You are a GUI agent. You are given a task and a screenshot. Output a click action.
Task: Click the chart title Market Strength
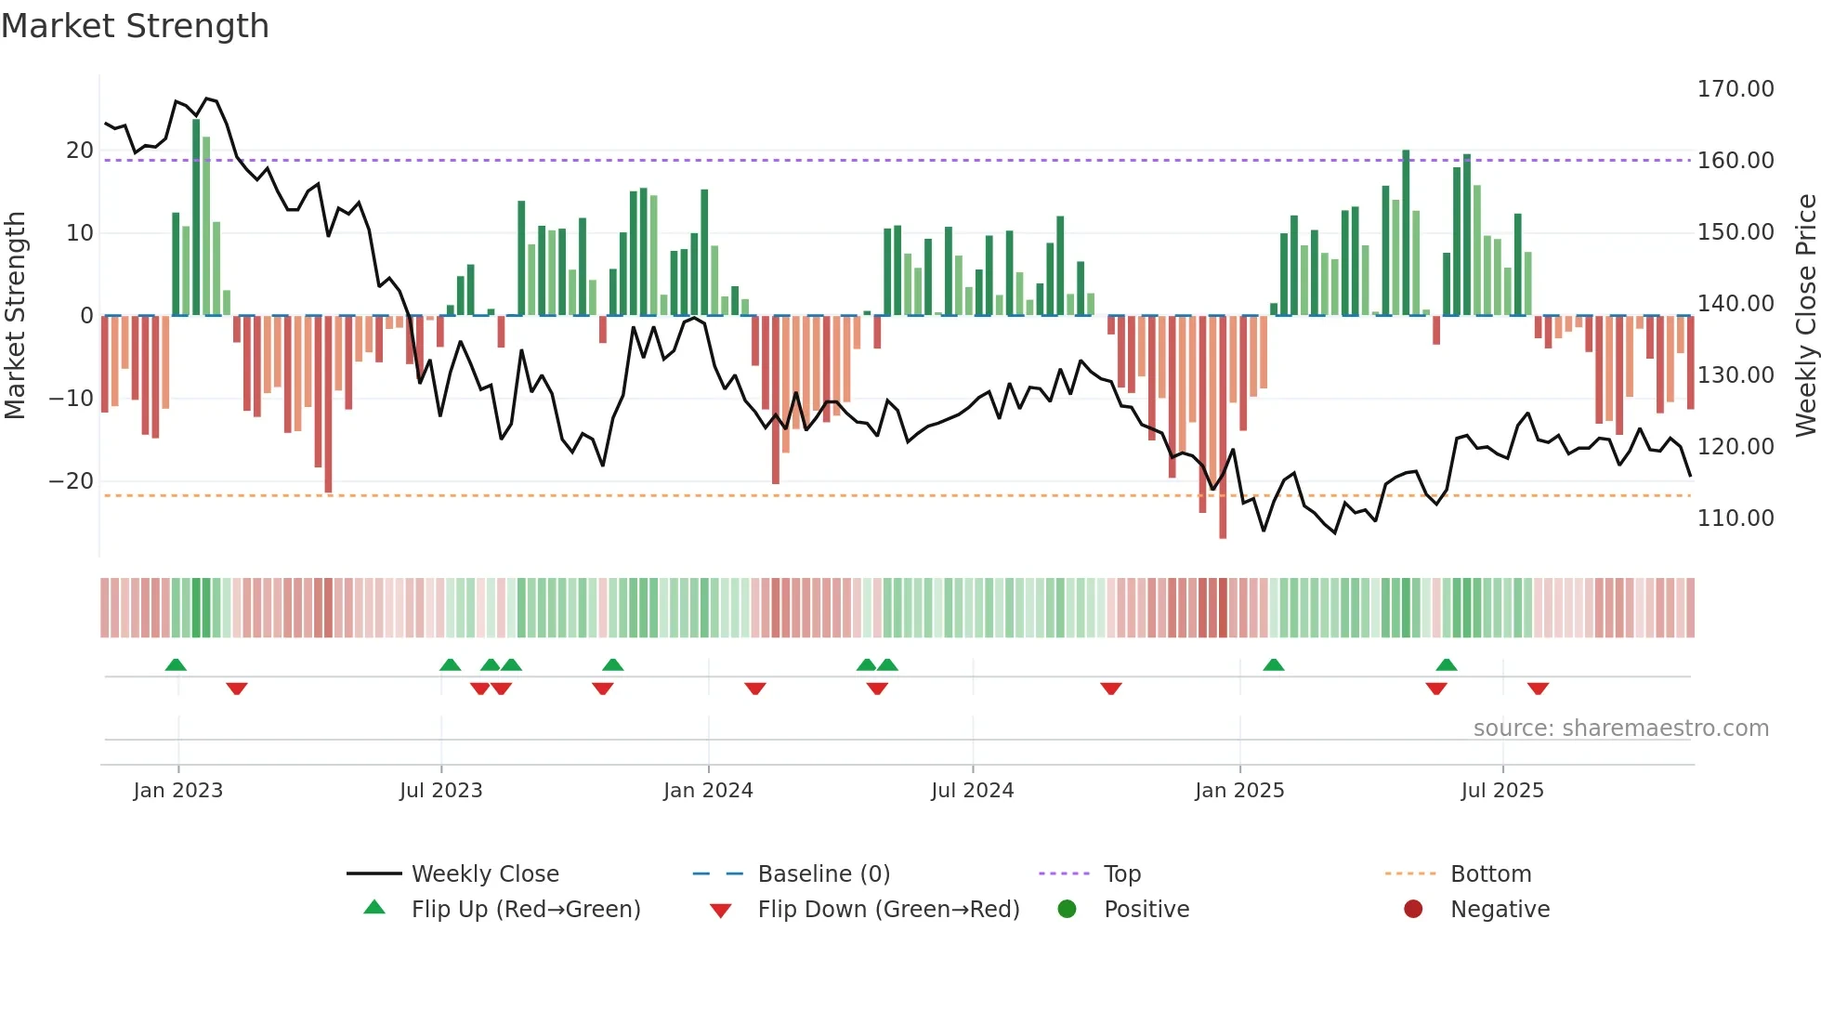pos(135,26)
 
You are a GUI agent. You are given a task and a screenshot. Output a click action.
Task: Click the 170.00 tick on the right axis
pos(1735,89)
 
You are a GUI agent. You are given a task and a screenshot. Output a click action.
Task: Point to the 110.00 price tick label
pos(1735,519)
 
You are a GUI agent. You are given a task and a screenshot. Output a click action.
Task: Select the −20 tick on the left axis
pos(72,481)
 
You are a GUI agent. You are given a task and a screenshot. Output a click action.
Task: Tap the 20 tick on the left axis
pos(80,151)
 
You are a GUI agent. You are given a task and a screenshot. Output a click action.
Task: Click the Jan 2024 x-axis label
pos(708,791)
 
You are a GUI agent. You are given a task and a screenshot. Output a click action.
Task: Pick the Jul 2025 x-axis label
pos(1501,791)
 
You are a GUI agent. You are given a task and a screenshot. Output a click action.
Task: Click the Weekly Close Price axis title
pos(1805,315)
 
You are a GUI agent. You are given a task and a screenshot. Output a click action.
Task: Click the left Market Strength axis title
pos(16,315)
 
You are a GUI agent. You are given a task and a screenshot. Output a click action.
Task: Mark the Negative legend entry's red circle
pos(1413,910)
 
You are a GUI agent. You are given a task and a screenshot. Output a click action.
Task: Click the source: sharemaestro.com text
pos(1620,729)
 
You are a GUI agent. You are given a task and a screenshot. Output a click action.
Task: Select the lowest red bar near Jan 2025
pos(1223,427)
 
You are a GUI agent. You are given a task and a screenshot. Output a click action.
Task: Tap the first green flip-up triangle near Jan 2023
pos(176,664)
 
